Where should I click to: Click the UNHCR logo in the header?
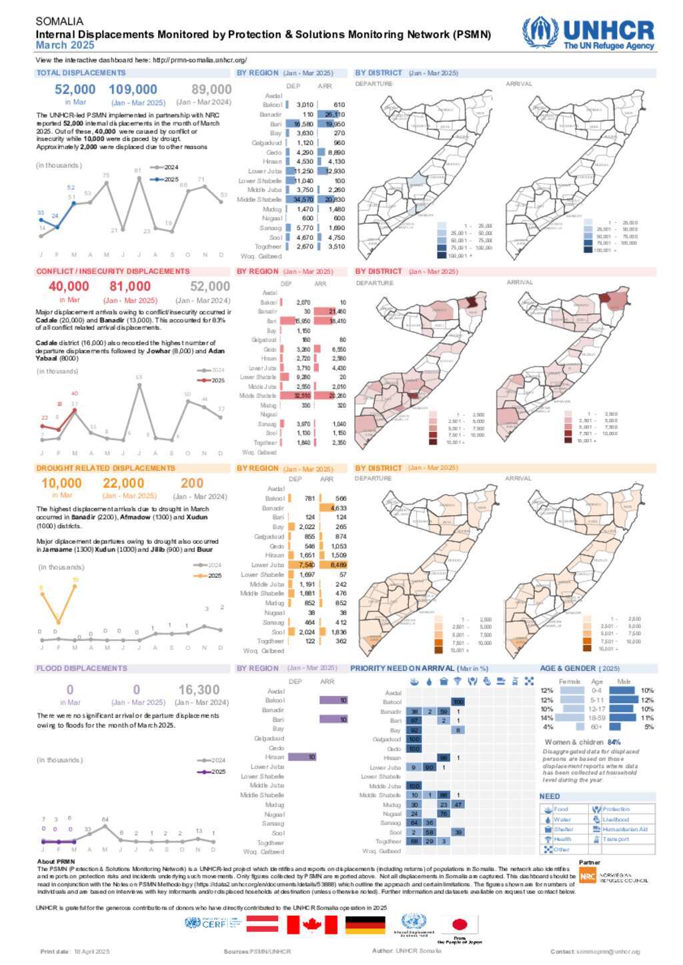pyautogui.click(x=588, y=33)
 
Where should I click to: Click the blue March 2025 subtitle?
pyautogui.click(x=65, y=45)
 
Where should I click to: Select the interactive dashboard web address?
pyautogui.click(x=199, y=60)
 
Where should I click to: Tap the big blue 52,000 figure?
pyautogui.click(x=75, y=89)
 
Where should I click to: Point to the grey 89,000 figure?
pyautogui.click(x=211, y=89)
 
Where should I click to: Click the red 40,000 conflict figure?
pyautogui.click(x=69, y=287)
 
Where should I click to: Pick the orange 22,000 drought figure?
pyautogui.click(x=123, y=483)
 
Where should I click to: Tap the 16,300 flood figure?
pyautogui.click(x=199, y=690)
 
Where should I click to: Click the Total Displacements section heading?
pyautogui.click(x=81, y=73)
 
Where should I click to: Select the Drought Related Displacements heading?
pyautogui.click(x=105, y=468)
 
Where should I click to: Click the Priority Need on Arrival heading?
pyautogui.click(x=419, y=668)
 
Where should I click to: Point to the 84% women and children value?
pyautogui.click(x=614, y=742)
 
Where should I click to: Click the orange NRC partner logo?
pyautogui.click(x=587, y=876)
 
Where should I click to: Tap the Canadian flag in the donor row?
pyautogui.click(x=312, y=924)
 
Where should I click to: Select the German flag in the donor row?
pyautogui.click(x=365, y=924)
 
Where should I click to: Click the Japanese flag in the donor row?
pyautogui.click(x=460, y=924)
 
